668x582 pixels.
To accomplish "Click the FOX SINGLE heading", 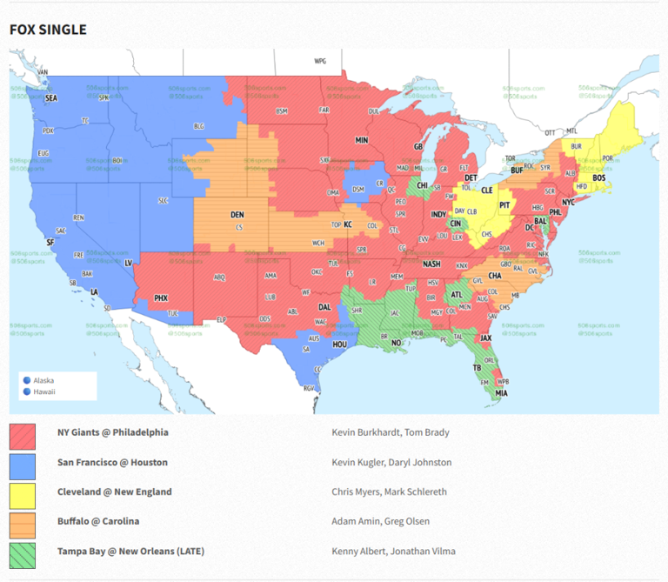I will [x=48, y=30].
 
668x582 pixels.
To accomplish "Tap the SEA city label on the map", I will [x=51, y=99].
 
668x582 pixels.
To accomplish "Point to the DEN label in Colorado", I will [x=237, y=214].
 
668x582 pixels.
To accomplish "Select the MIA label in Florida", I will [x=501, y=393].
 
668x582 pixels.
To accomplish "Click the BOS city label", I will [x=598, y=178].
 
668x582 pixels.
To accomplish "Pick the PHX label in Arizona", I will [x=161, y=298].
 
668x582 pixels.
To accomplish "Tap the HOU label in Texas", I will [x=339, y=345].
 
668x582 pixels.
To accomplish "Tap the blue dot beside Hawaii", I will [x=27, y=391].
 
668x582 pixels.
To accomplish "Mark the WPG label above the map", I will [x=320, y=62].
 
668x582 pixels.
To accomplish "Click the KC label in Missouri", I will [x=348, y=225].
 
